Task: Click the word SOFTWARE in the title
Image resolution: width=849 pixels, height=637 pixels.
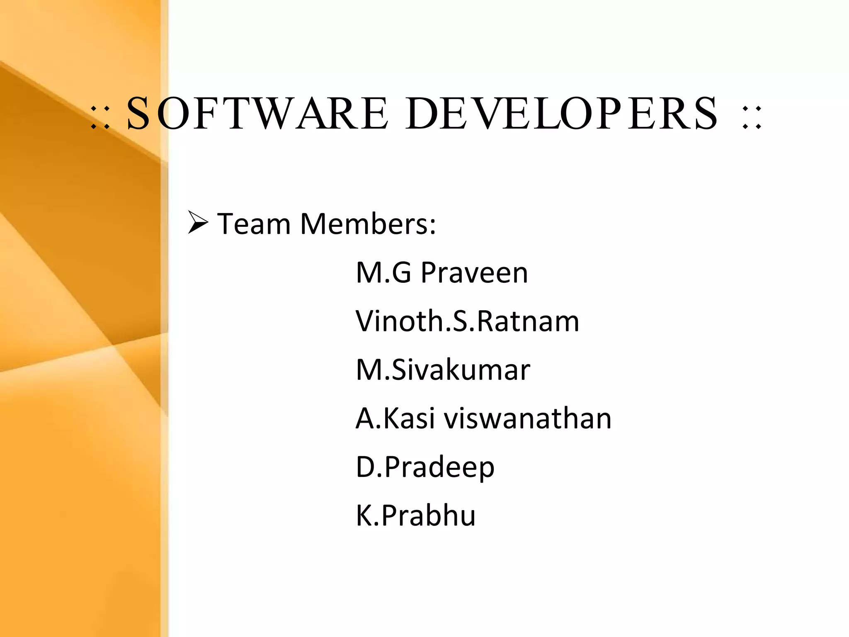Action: tap(257, 113)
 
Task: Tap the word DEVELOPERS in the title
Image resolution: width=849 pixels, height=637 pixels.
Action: tap(562, 113)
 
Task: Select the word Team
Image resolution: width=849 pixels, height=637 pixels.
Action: tap(254, 224)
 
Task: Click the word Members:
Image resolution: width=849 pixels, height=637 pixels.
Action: tap(368, 224)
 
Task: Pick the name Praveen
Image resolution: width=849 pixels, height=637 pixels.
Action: tap(474, 273)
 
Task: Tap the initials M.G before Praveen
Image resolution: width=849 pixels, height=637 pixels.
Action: tap(383, 273)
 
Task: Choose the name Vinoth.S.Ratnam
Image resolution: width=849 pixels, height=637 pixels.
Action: tap(467, 321)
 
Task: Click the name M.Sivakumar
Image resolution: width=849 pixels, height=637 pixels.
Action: tap(443, 370)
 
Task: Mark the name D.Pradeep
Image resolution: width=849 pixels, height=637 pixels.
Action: tap(425, 467)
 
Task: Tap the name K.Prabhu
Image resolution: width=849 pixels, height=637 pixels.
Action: tap(415, 515)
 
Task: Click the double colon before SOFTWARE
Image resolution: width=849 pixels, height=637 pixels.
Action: tap(100, 117)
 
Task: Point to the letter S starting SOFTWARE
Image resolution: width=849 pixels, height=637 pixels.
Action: tap(138, 113)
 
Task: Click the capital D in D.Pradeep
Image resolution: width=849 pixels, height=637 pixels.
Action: tap(365, 467)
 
